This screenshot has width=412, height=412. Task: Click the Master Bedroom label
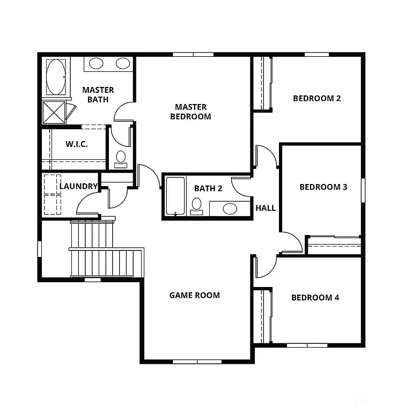(190, 112)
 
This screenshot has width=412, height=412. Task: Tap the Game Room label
(194, 295)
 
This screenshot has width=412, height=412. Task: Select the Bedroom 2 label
(317, 98)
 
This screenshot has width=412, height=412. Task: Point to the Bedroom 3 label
(323, 187)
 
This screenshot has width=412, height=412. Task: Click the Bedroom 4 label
(315, 298)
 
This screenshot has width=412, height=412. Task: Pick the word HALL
(266, 208)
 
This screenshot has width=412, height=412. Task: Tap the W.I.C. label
(77, 144)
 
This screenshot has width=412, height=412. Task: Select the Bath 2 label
(208, 188)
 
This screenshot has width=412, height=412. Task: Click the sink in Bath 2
(230, 208)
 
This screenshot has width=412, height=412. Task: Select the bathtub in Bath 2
(174, 197)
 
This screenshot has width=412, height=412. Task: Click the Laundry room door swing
(88, 204)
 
